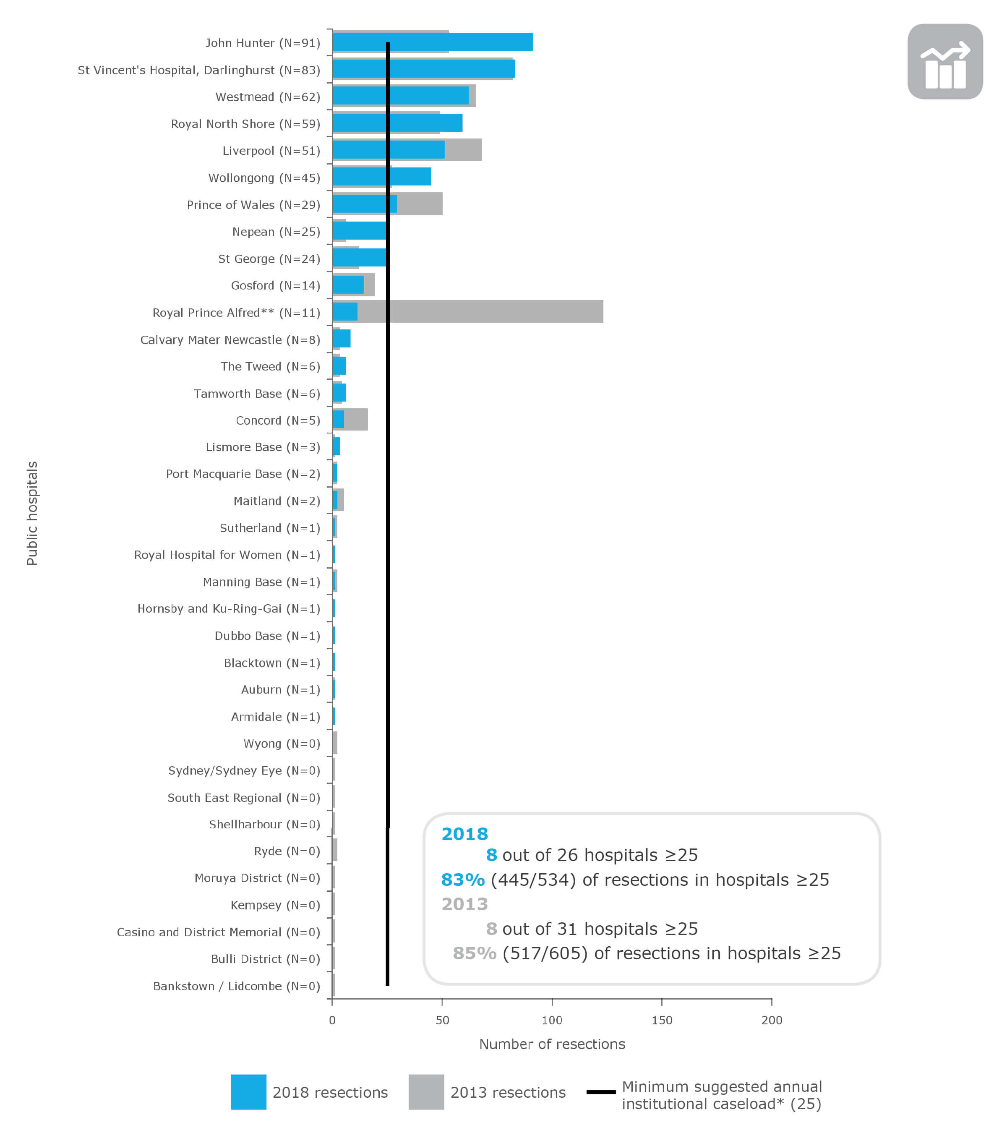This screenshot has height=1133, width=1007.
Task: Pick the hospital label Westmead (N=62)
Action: pos(268,97)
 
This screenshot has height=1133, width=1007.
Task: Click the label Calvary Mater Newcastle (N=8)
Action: pos(230,340)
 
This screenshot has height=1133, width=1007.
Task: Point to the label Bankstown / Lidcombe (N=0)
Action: pos(237,986)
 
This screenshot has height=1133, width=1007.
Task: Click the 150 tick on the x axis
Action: pos(662,1021)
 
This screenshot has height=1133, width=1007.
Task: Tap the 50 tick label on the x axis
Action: pos(442,1021)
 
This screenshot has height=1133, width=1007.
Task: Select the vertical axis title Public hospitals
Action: pos(32,513)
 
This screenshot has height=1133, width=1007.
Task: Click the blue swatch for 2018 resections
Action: pos(248,1092)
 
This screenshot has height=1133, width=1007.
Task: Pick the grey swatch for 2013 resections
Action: pos(426,1092)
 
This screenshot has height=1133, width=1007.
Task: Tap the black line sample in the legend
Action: pos(601,1092)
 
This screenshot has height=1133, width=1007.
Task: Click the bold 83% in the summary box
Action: pos(463,880)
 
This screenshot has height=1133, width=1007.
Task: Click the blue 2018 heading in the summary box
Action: pos(464,834)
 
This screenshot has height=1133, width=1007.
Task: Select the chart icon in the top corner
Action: pos(945,62)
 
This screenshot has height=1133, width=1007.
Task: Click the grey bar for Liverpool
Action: pos(463,150)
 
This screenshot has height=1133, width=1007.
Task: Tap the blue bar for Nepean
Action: pos(359,231)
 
